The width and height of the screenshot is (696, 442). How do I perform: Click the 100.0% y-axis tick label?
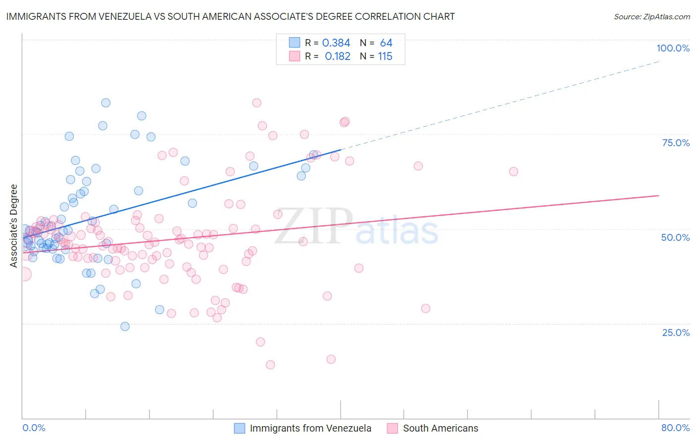[x=673, y=48]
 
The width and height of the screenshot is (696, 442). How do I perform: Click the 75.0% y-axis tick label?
[x=676, y=143]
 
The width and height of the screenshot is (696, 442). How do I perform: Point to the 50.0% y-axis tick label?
[x=675, y=237]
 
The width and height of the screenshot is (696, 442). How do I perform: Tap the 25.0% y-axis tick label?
[x=676, y=332]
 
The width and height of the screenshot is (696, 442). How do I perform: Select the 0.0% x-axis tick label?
[x=34, y=428]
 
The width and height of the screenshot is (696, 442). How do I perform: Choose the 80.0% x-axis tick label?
[x=675, y=428]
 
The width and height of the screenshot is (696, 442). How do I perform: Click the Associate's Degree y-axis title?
[x=14, y=225]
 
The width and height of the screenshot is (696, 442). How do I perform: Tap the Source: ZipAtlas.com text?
[x=651, y=16]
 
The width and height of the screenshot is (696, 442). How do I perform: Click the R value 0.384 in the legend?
[x=336, y=43]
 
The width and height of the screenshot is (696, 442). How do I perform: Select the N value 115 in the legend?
[x=385, y=56]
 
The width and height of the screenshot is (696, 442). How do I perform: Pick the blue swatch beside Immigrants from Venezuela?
[x=240, y=428]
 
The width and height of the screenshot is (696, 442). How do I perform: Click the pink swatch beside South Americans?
[x=393, y=428]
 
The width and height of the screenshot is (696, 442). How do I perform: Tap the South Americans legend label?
[x=441, y=428]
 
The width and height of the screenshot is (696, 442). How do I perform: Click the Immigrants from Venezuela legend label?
[x=310, y=428]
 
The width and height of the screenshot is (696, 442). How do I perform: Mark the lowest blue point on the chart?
[x=125, y=326]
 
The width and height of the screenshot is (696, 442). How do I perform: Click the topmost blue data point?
[x=105, y=103]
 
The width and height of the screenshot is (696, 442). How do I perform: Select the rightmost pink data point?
[x=513, y=171]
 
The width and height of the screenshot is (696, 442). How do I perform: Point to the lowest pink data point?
[x=270, y=365]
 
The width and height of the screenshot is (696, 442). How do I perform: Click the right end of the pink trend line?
[x=658, y=196]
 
